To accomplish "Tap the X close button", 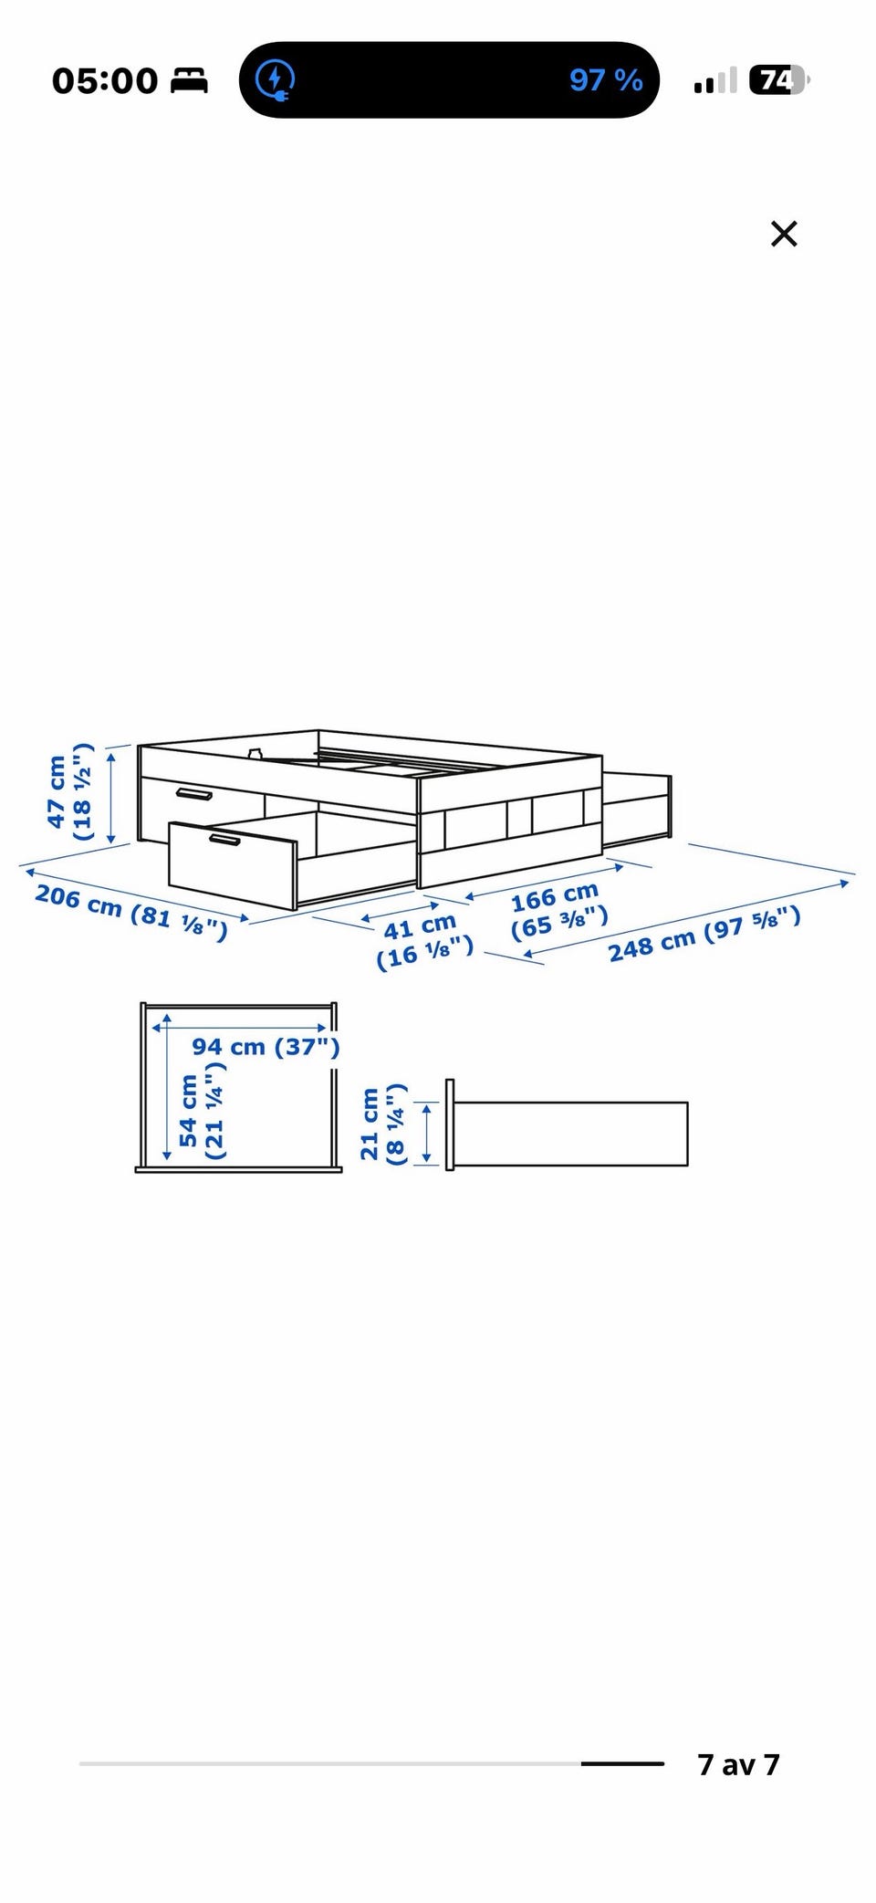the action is click(784, 234).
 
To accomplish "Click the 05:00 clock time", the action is click(105, 80).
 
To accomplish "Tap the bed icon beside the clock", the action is click(190, 80).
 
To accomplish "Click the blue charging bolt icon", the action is click(275, 79).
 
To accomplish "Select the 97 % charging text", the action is click(606, 80).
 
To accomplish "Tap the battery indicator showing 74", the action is click(778, 80).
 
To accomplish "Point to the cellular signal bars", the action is click(715, 81).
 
